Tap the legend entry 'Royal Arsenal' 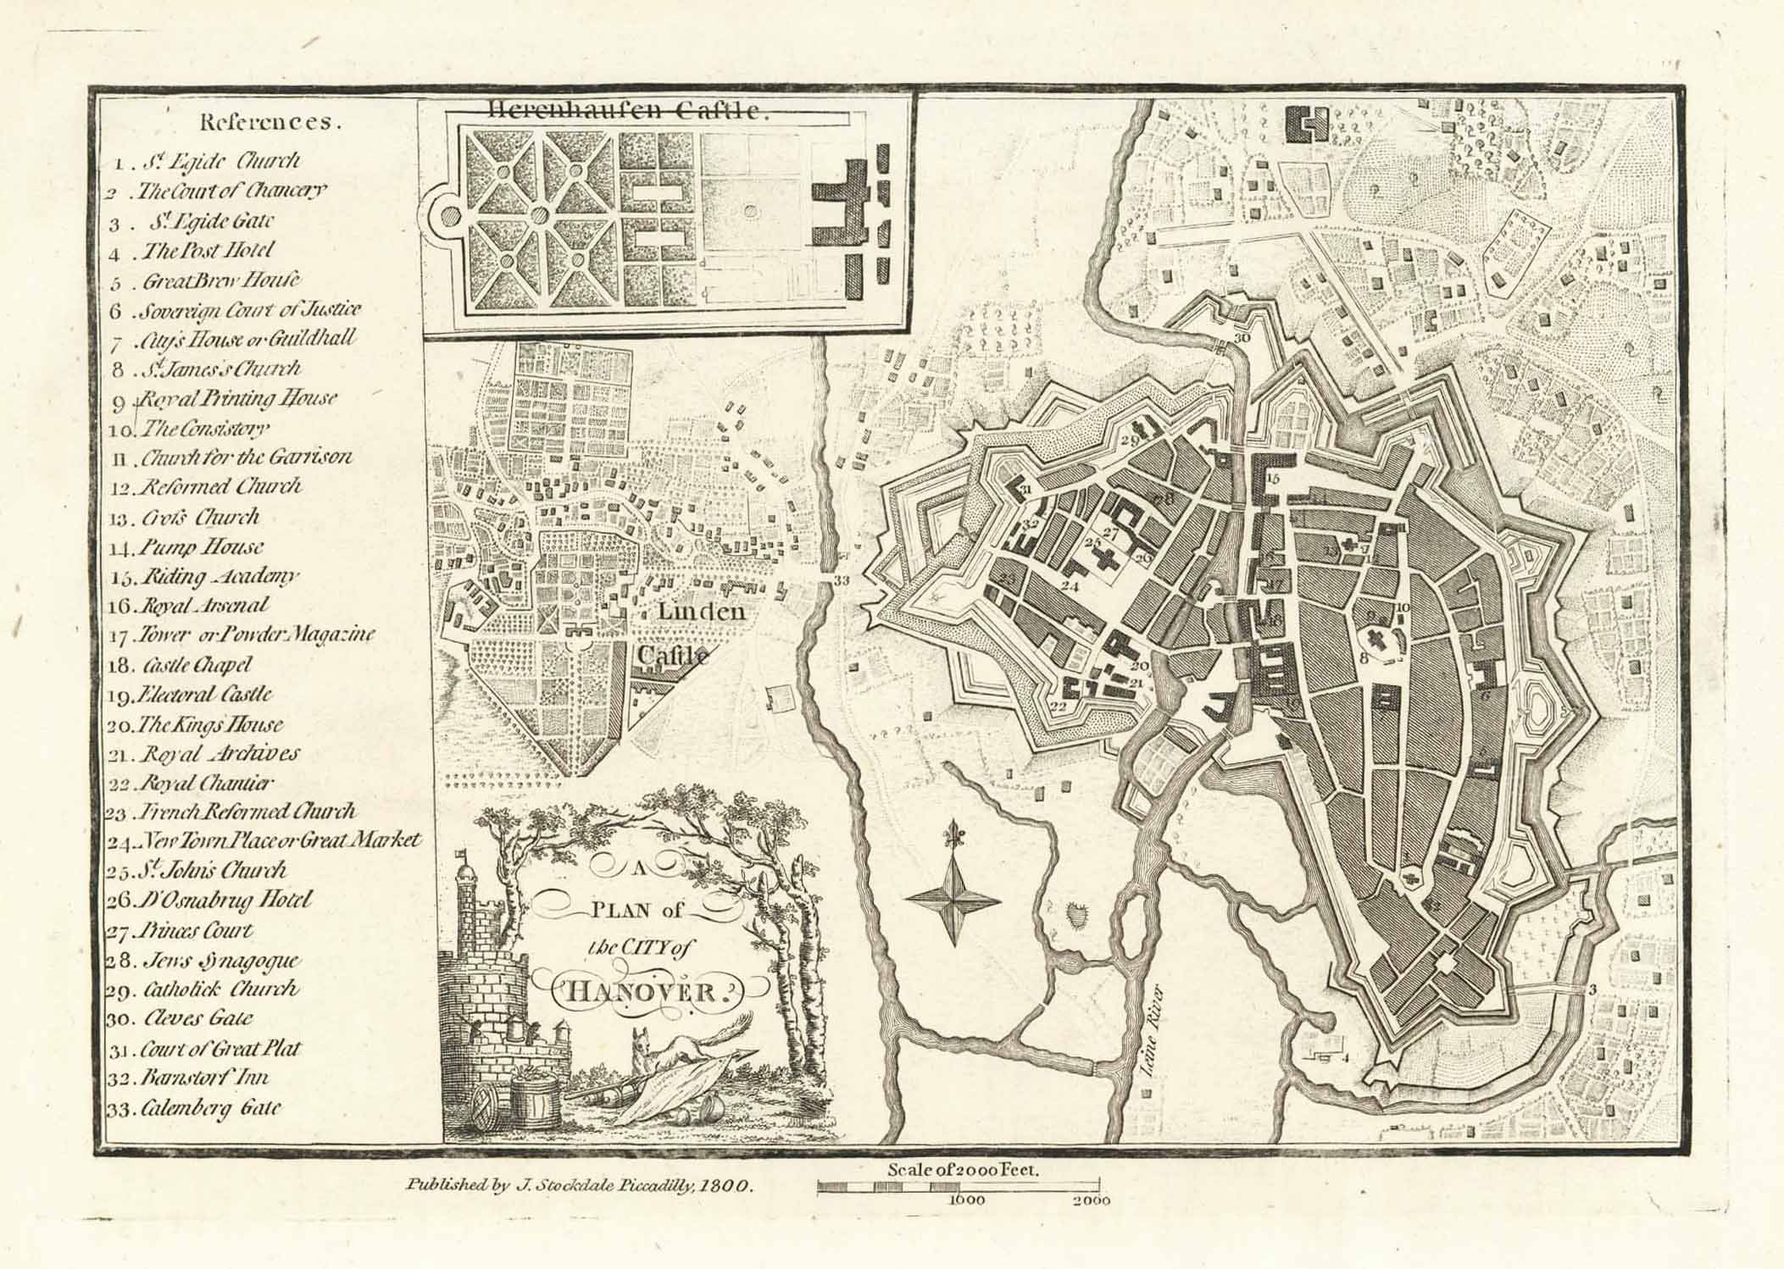pyautogui.click(x=203, y=606)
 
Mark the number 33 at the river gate pyautogui.click(x=840, y=581)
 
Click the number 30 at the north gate pyautogui.click(x=1242, y=338)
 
